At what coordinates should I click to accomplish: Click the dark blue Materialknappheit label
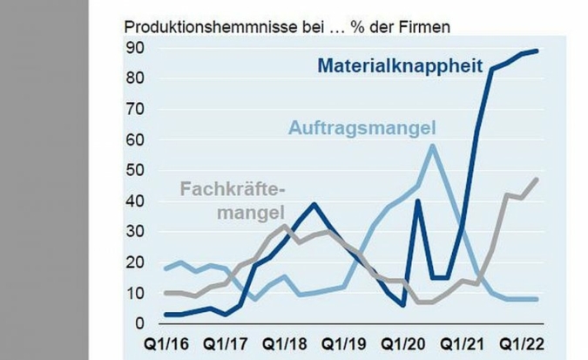tap(400, 65)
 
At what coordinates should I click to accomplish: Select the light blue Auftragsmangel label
tap(362, 129)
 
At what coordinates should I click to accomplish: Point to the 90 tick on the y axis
tap(132, 48)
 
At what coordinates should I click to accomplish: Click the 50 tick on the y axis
tap(132, 171)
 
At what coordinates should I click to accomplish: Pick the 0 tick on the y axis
tap(138, 324)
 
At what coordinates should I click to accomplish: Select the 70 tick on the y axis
tap(132, 110)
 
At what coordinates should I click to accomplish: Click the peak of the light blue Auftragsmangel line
tap(433, 146)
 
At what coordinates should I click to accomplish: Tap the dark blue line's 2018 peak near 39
tap(314, 204)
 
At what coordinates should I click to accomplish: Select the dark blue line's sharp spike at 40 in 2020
tap(418, 200)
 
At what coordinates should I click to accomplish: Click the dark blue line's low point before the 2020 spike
tap(404, 305)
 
